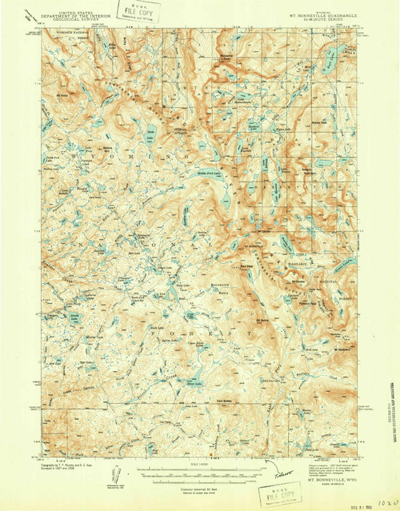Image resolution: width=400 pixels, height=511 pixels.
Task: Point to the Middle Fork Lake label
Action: coord(206,173)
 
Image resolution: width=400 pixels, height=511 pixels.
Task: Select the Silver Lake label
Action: coord(194,382)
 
